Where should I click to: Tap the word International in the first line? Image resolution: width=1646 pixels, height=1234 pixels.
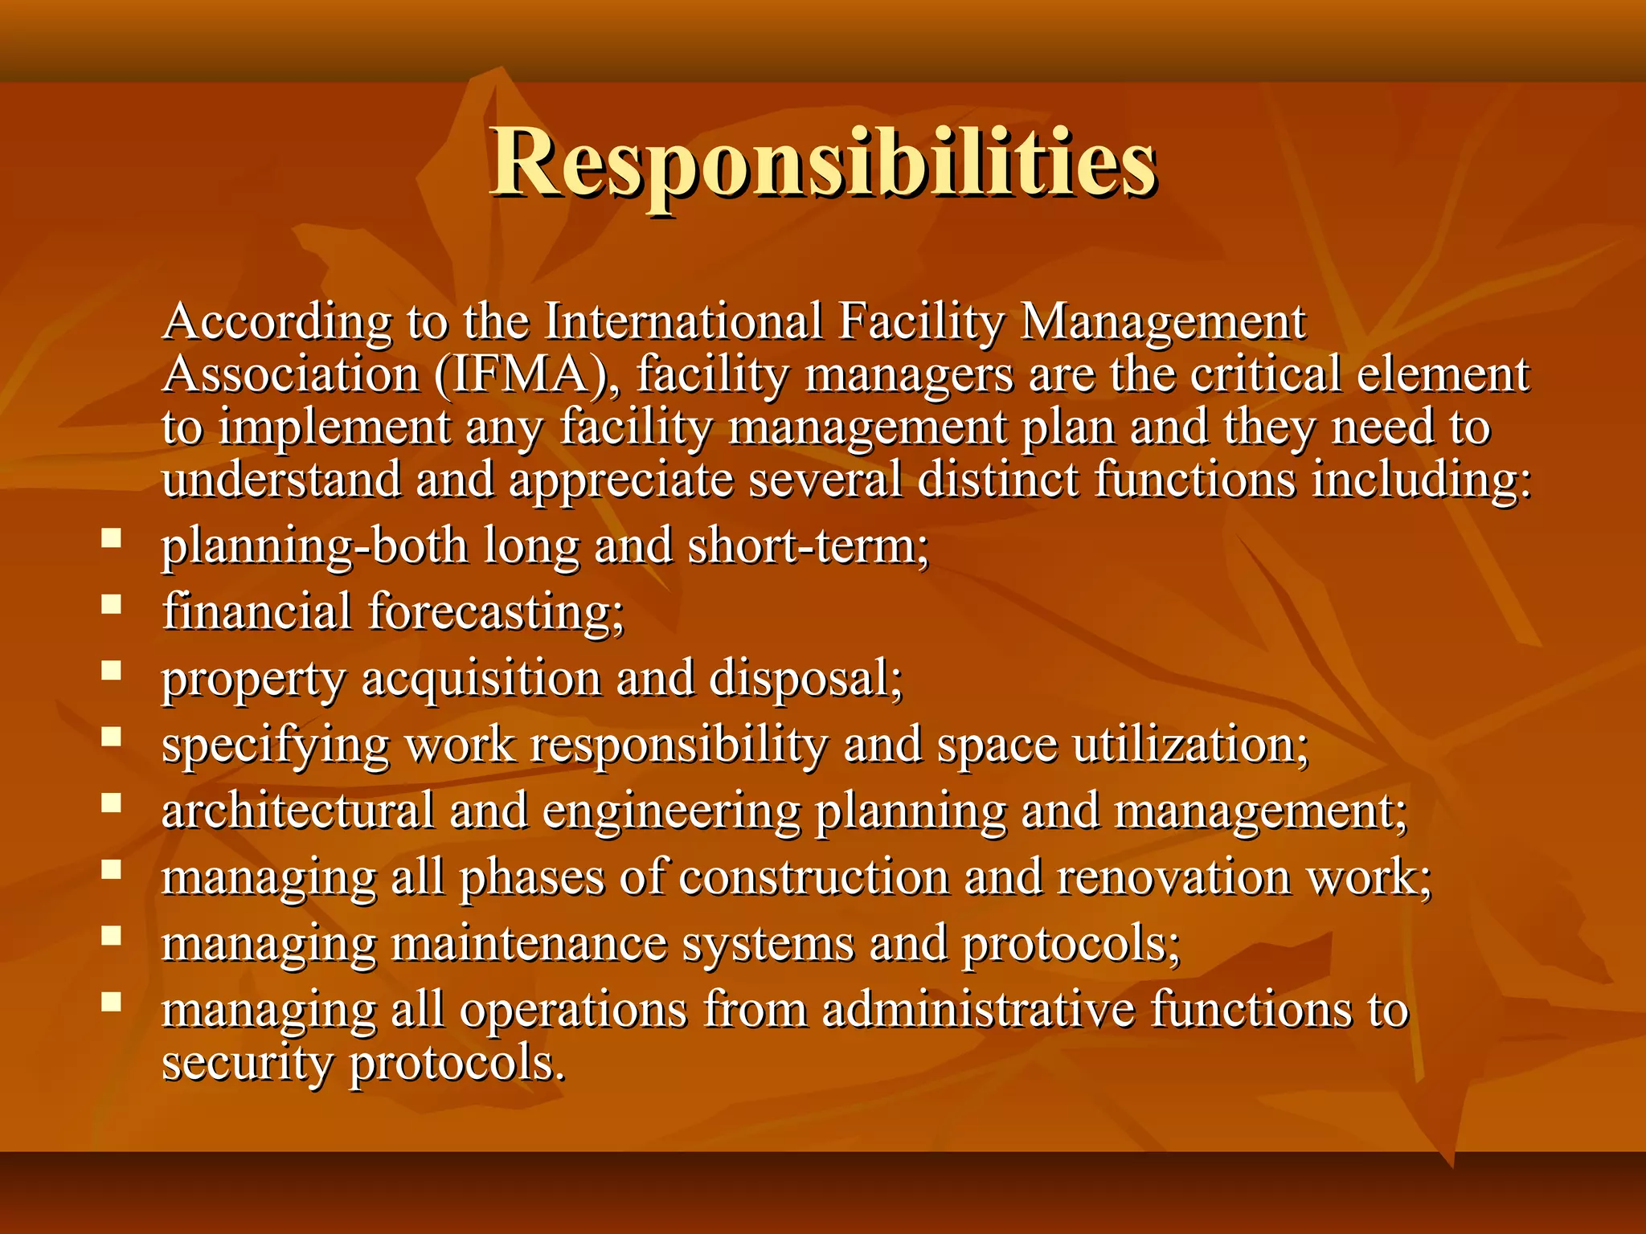tap(684, 322)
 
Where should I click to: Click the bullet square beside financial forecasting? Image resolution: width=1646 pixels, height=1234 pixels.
tap(112, 604)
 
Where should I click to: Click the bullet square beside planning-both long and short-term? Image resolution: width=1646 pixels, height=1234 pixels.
tap(112, 537)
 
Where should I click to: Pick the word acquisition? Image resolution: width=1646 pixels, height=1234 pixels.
tap(481, 679)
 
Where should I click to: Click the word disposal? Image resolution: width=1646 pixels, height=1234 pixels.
tap(806, 679)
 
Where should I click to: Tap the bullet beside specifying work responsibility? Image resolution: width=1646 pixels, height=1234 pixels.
tap(112, 737)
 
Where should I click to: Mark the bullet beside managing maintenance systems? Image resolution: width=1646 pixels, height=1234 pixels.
tap(112, 935)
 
